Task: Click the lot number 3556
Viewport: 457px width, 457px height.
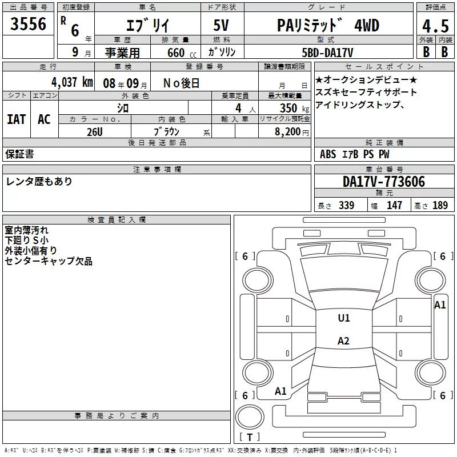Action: coord(28,23)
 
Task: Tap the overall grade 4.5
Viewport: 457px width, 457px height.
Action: coord(435,26)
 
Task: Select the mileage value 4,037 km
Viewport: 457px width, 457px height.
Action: coord(73,82)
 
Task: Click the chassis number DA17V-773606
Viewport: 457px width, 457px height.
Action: coord(384,182)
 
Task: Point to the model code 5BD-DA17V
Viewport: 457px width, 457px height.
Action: coord(327,53)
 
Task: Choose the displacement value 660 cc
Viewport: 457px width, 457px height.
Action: coord(182,53)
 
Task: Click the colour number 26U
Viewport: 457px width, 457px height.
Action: coord(95,132)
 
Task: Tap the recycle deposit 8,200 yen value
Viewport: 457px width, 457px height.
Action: coord(292,132)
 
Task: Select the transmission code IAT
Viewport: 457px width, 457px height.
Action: coord(17,119)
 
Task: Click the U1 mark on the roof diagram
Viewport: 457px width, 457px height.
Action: coord(344,318)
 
